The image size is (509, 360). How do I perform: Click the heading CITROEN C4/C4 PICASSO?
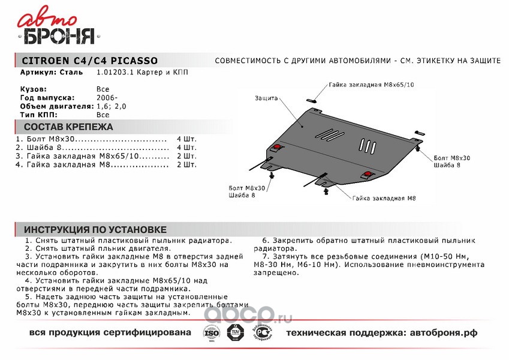pyautogui.click(x=90, y=61)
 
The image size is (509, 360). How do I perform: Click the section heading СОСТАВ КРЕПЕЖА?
pyautogui.click(x=68, y=127)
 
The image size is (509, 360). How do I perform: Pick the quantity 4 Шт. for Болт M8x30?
pyautogui.click(x=186, y=139)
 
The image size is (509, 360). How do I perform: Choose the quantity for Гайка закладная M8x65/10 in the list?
pyautogui.click(x=186, y=155)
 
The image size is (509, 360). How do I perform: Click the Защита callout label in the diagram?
pyautogui.click(x=265, y=97)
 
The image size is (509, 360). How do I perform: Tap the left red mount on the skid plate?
pyautogui.click(x=277, y=148)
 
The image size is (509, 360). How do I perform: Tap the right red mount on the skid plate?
pyautogui.click(x=366, y=174)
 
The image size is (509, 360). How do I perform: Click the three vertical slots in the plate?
pyautogui.click(x=367, y=145)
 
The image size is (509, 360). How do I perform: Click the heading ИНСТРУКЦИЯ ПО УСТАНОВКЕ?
pyautogui.click(x=95, y=230)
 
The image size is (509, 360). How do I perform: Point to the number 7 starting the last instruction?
pyautogui.click(x=264, y=256)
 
